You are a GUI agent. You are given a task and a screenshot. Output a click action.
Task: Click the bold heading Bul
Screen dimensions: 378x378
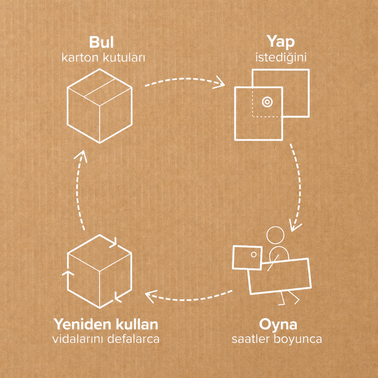click(x=101, y=43)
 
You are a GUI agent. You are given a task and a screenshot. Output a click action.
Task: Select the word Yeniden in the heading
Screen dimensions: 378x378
click(x=83, y=325)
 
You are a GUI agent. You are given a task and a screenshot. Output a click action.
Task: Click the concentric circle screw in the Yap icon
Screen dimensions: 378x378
click(x=267, y=102)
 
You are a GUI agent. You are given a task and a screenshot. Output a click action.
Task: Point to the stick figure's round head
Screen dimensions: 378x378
click(x=275, y=236)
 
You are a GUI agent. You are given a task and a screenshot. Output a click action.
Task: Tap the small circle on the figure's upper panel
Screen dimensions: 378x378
click(x=254, y=255)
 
